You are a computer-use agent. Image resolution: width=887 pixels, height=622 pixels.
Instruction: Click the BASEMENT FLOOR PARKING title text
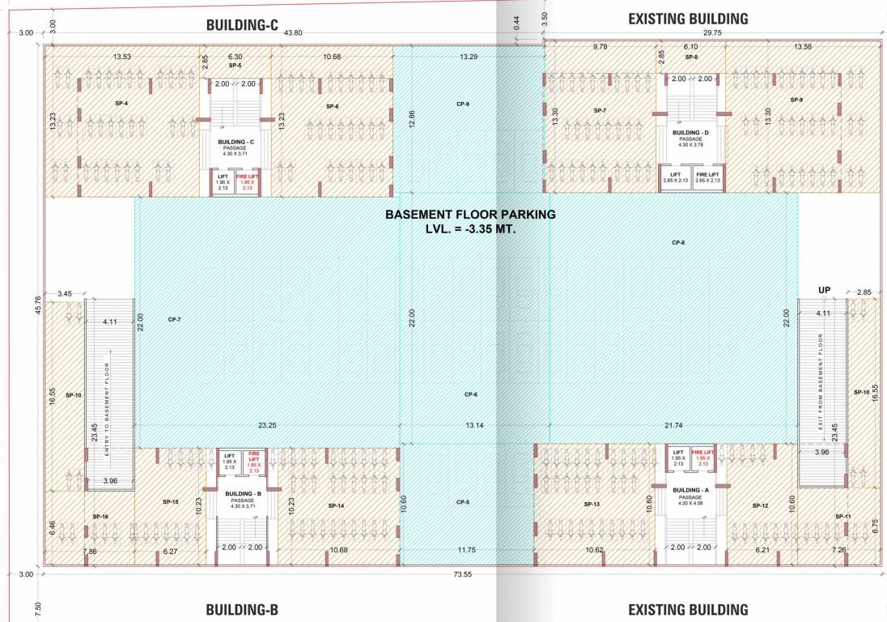tap(470, 215)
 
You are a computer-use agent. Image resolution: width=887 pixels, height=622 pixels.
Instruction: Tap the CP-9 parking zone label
tap(462, 104)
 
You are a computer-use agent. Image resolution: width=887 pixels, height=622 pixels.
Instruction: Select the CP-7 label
tap(174, 320)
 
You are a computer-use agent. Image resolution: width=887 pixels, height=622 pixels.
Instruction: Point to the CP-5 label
tap(462, 502)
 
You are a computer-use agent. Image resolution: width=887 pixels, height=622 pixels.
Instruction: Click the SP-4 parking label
tap(121, 104)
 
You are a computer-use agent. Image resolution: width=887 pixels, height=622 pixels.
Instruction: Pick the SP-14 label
tap(337, 506)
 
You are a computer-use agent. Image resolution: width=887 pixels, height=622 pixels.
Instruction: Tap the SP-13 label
tap(592, 505)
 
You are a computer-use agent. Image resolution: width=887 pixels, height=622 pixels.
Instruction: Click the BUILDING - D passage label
tap(690, 132)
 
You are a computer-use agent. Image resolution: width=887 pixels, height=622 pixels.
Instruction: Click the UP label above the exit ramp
tap(825, 290)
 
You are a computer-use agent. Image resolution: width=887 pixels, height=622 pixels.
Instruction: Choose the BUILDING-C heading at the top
tap(242, 26)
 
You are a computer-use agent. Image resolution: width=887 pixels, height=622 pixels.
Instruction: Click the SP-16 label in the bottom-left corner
tap(100, 516)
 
